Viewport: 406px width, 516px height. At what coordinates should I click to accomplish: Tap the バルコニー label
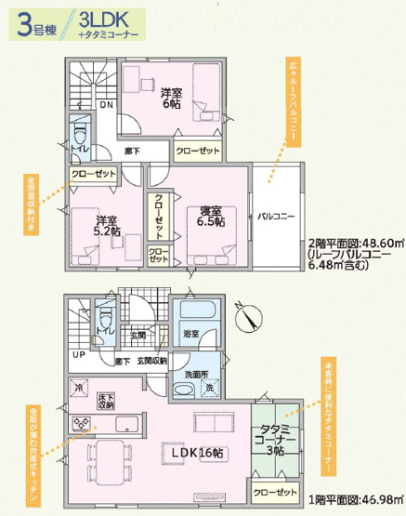coord(276,216)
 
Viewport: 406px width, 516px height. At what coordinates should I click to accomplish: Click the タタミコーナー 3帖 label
coord(275,438)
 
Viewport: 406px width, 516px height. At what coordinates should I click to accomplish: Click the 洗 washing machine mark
coord(210,386)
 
